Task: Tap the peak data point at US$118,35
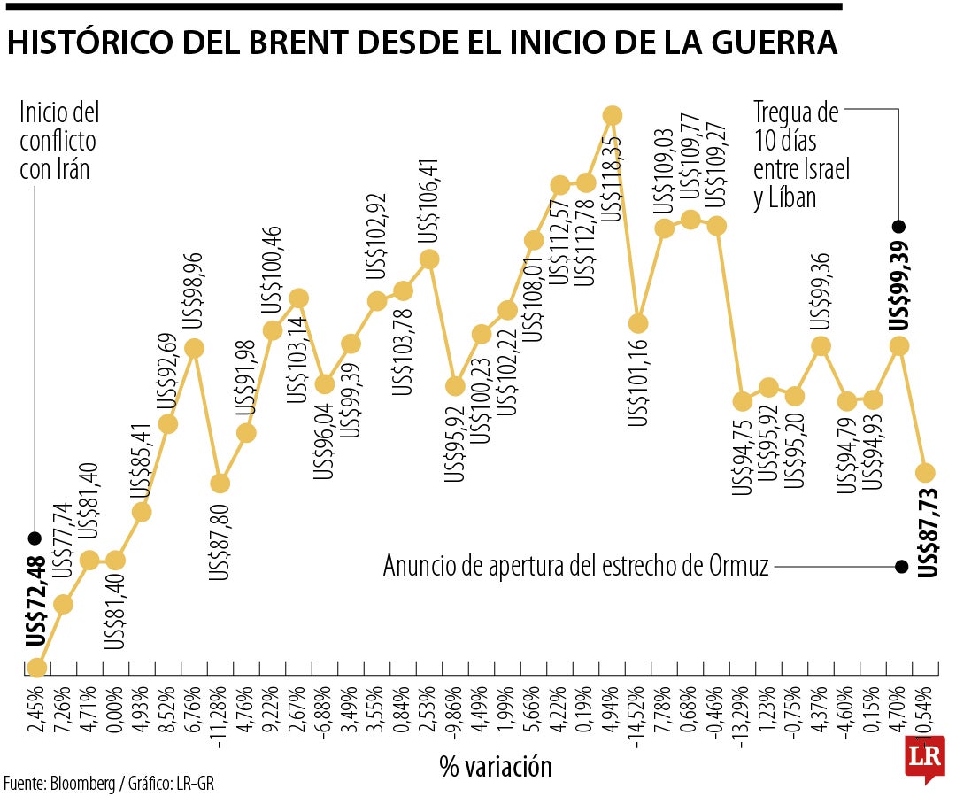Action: click(612, 115)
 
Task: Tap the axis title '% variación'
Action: click(496, 766)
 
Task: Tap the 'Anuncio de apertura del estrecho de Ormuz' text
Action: click(576, 566)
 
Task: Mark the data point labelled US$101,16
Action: click(638, 323)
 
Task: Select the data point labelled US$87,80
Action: click(220, 484)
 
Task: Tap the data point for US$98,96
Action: click(194, 349)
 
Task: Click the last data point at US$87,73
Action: click(926, 472)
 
